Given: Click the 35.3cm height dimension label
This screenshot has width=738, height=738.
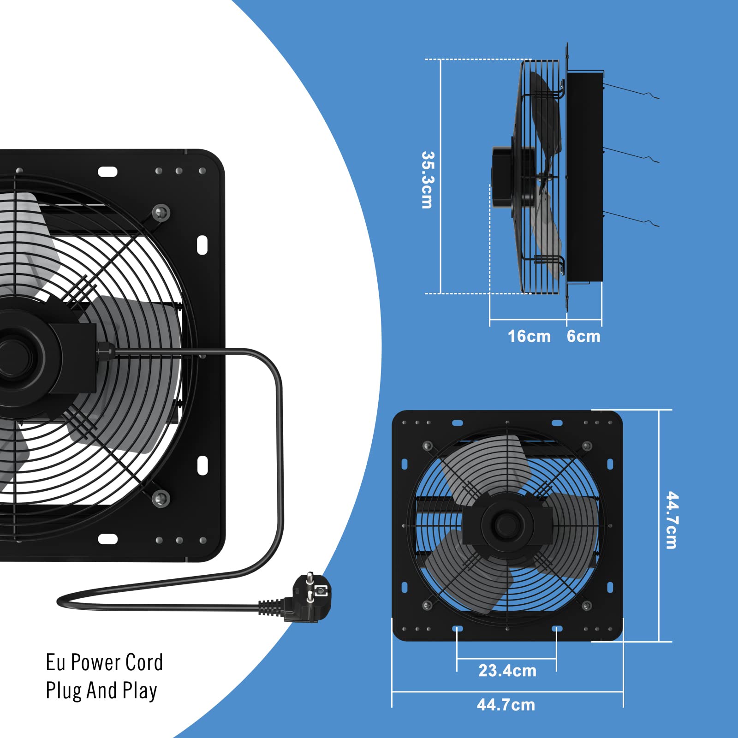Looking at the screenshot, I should [x=428, y=180].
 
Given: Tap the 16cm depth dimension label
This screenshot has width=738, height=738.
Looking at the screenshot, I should [x=529, y=336].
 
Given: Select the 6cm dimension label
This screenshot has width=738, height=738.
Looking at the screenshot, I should [x=583, y=336].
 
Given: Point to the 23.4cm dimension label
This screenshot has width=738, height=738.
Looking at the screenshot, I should [x=507, y=671].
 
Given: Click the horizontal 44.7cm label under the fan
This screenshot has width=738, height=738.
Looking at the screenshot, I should [x=506, y=705].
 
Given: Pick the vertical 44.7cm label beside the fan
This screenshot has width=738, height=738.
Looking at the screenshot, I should [x=672, y=520].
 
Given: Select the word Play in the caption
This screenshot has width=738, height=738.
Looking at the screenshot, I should [x=140, y=691].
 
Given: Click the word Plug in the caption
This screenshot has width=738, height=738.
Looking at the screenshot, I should [x=64, y=691].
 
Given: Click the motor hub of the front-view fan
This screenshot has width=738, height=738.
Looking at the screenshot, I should [x=506, y=524].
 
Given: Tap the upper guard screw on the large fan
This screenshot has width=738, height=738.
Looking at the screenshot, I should [x=161, y=213].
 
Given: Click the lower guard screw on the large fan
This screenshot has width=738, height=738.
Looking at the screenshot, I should [x=161, y=498].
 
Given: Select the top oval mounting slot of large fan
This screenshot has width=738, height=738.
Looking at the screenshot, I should [x=107, y=172].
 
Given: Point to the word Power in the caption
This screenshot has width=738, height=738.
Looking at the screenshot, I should [x=95, y=662].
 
